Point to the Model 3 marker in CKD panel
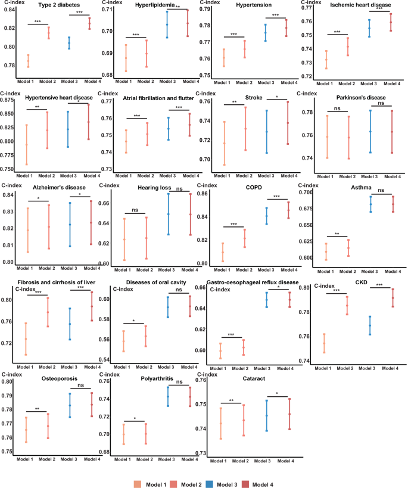(x=370, y=325)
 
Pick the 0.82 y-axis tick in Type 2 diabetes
(x=11, y=29)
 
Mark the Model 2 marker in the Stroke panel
(x=245, y=129)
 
